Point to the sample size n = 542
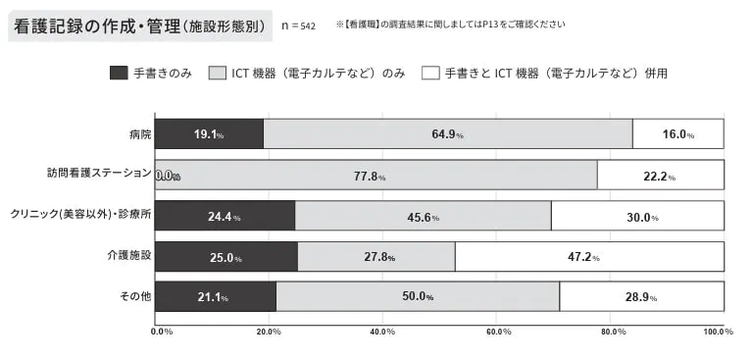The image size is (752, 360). pos(298,25)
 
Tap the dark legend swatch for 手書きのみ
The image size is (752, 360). pos(118,74)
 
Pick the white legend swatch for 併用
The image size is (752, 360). pos(430,74)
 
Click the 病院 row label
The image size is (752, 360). pos(139,133)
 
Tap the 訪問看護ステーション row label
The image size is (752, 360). pos(99,173)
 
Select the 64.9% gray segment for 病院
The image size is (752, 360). pos(447,133)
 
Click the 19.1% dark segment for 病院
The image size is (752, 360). pos(209,133)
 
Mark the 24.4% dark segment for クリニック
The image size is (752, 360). pos(225,216)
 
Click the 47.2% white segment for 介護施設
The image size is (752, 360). pos(589,256)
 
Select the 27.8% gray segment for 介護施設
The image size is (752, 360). pos(376,256)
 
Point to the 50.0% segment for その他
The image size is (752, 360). pos(418,296)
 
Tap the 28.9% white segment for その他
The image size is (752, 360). pos(641,296)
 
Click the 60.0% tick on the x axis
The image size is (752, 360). pos(497,332)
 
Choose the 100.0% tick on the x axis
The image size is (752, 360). pos(719,332)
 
